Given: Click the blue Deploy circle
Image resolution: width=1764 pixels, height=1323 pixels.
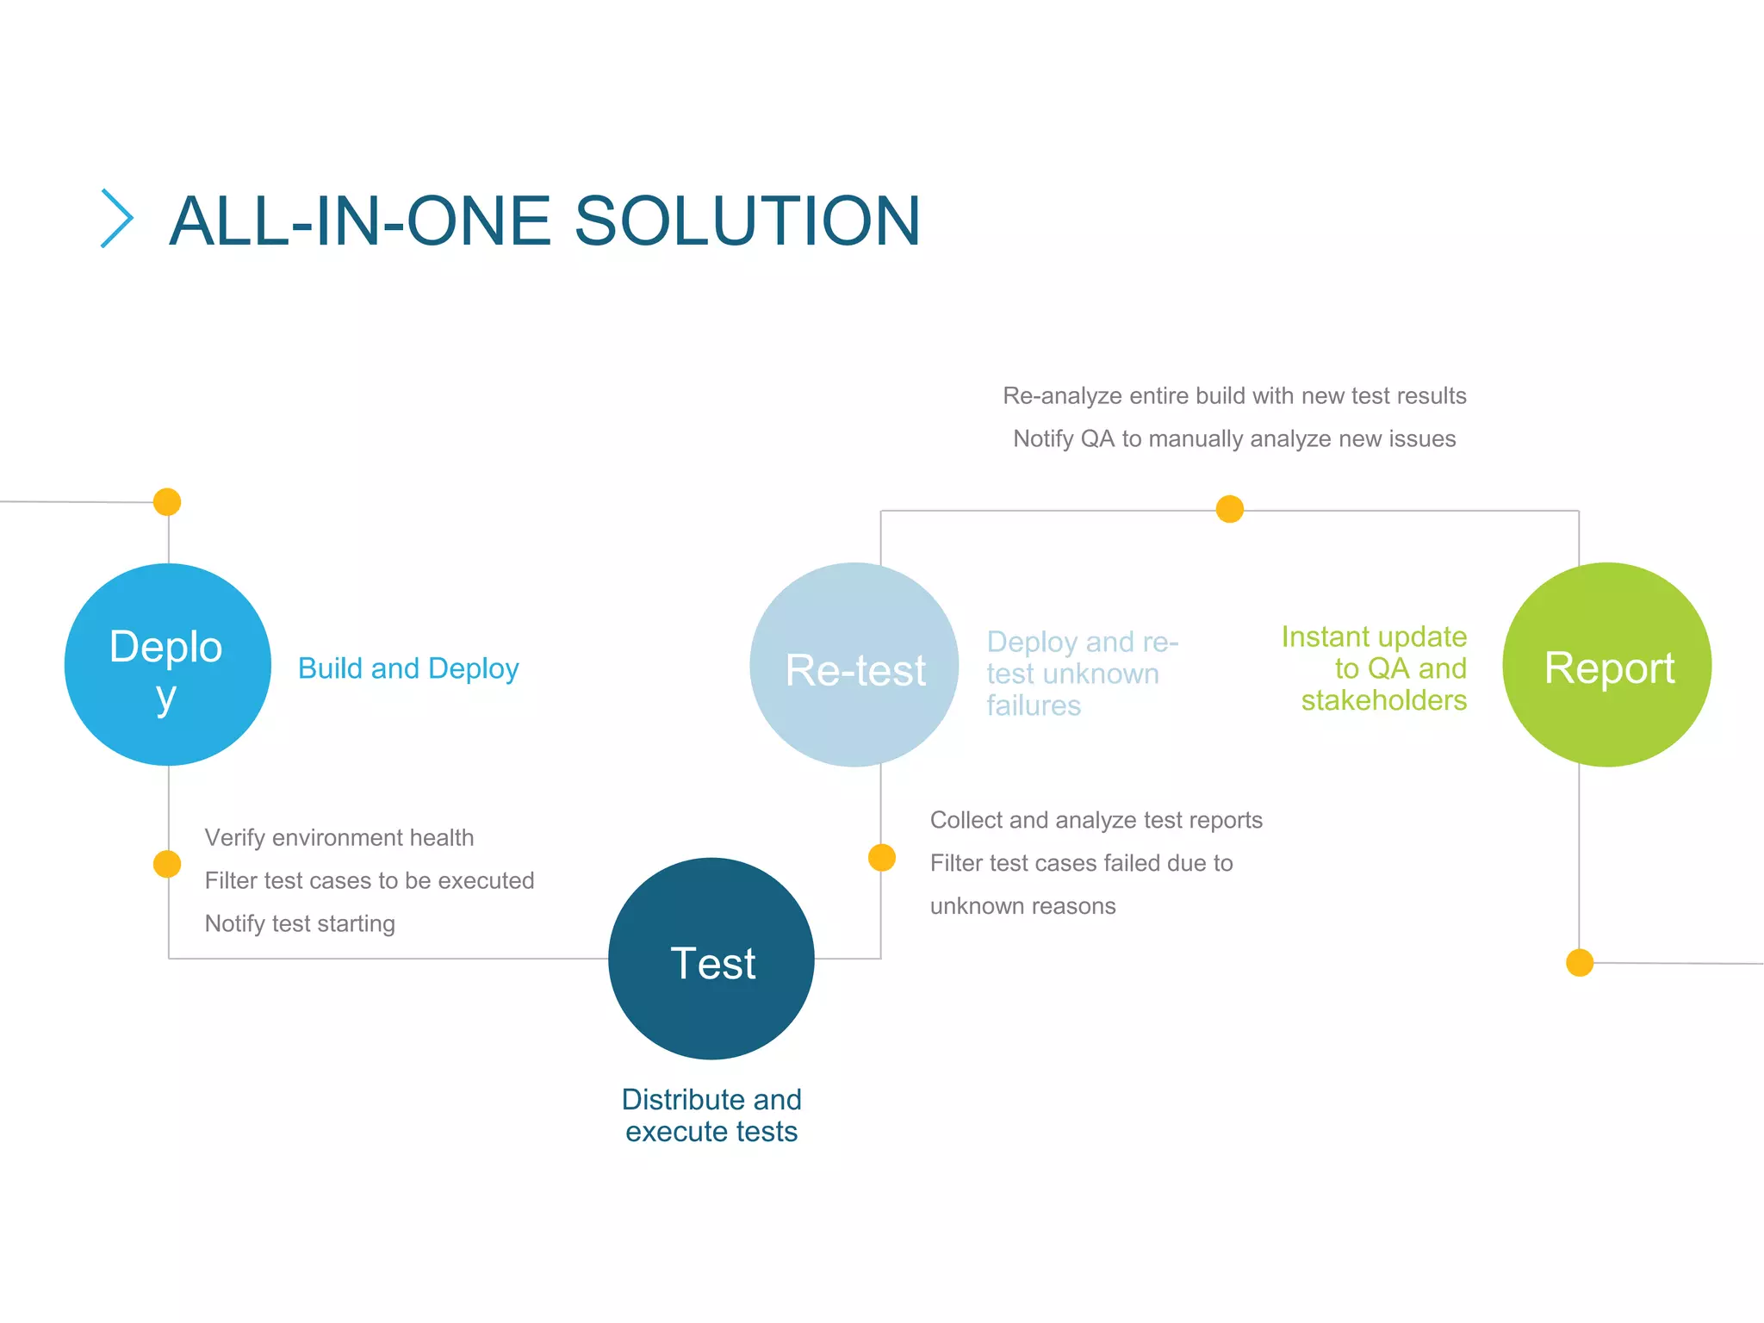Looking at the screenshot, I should (168, 664).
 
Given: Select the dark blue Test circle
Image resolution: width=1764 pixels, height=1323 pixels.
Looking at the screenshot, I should (711, 959).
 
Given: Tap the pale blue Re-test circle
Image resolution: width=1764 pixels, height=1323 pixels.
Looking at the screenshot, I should (854, 665).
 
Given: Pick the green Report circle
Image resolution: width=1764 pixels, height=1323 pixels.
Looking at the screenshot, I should (1606, 665).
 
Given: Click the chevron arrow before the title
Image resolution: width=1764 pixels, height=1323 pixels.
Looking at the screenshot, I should (117, 219).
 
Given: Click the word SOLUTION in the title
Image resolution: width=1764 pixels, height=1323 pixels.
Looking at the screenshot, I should (747, 221).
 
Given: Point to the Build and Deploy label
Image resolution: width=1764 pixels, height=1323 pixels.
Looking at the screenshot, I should (408, 668).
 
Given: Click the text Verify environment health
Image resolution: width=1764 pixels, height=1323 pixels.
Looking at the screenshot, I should (339, 837).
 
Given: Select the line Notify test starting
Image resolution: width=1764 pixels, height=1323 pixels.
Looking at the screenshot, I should (300, 923).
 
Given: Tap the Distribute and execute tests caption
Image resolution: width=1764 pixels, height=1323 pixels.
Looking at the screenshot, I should (711, 1115).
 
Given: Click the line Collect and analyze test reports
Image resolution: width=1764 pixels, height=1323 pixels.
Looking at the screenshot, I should (1096, 820).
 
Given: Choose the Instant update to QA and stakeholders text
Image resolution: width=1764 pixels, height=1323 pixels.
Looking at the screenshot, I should (1375, 668).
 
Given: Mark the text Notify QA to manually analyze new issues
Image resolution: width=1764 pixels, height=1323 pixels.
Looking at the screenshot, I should (1234, 439).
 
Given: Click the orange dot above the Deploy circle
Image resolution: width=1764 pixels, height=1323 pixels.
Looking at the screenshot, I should (167, 501).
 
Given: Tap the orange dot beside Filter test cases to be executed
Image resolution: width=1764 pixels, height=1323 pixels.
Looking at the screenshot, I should (167, 864).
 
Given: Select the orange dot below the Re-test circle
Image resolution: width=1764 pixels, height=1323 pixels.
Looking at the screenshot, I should (882, 858).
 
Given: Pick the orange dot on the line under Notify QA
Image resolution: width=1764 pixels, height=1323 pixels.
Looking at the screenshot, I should (1230, 509).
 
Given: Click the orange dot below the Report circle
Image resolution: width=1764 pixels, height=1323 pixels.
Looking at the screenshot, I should (1580, 962).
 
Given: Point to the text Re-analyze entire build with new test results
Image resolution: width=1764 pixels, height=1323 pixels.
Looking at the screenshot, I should (1234, 396).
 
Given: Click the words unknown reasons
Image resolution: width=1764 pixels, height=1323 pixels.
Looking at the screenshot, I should (1022, 906).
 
